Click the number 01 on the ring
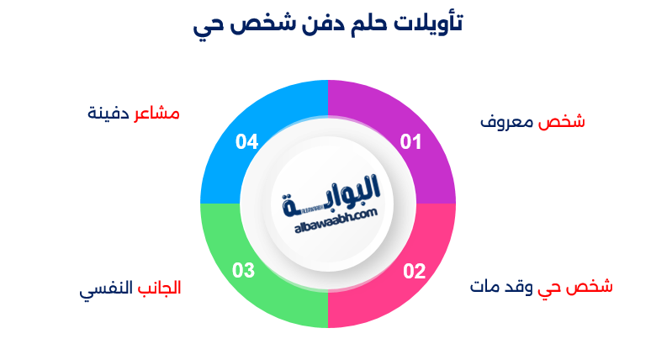coord(410,142)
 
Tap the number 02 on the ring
coord(414,271)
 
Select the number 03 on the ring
coord(244,271)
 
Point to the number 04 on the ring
coord(246,142)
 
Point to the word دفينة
coord(109,114)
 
